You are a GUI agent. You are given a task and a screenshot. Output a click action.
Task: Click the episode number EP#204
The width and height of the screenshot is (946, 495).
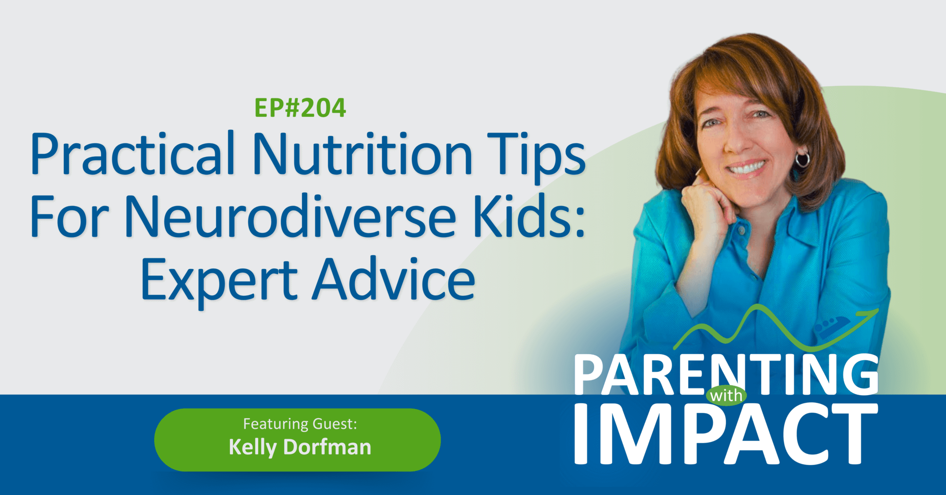click(300, 108)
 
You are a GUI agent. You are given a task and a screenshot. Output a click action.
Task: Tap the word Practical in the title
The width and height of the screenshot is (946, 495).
click(133, 154)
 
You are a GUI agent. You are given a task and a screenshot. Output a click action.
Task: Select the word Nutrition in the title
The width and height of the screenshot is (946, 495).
click(362, 153)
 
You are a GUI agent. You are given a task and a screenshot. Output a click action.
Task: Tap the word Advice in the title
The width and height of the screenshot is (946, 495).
click(394, 279)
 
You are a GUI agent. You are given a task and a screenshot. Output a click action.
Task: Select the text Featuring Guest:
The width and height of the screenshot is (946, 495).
click(300, 424)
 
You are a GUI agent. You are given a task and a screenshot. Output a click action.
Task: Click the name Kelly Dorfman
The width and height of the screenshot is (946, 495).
click(300, 447)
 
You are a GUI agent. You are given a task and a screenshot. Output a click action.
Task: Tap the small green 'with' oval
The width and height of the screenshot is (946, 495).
click(727, 396)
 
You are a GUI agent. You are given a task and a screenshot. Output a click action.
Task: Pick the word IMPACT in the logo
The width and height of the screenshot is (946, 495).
click(726, 434)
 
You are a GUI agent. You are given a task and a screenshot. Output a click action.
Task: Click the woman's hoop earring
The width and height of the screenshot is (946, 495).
click(802, 159)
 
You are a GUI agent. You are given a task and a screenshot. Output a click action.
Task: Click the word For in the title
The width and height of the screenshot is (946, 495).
click(69, 217)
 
